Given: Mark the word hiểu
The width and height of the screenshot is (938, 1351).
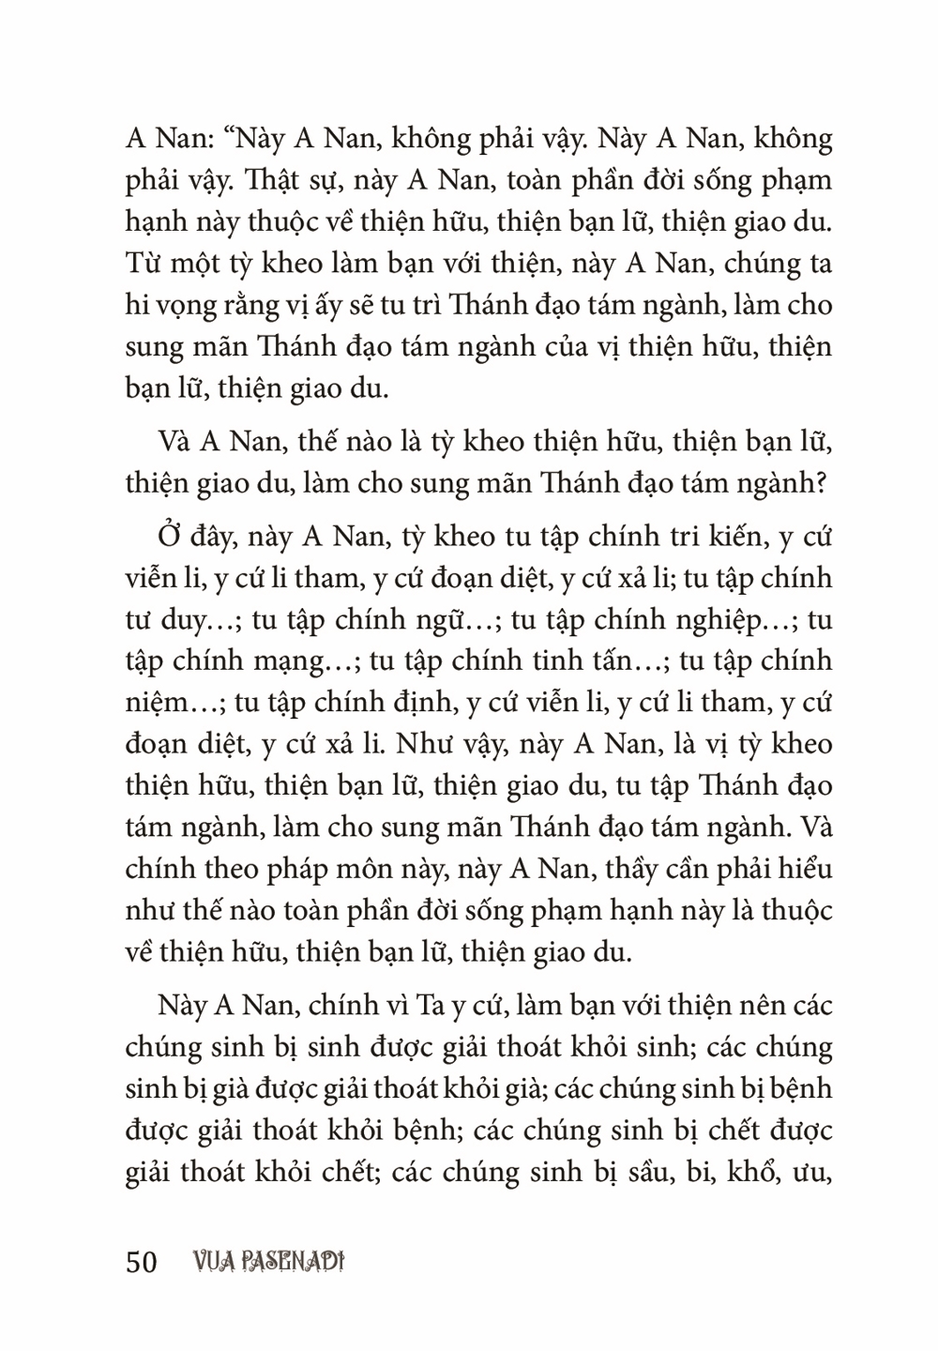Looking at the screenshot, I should pyautogui.click(x=804, y=868).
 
